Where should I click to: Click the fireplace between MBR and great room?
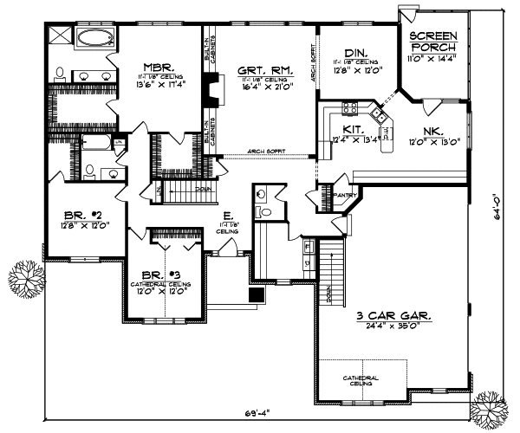[x=209, y=90]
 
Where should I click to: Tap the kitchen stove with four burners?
[x=351, y=108]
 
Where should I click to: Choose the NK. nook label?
[x=433, y=132]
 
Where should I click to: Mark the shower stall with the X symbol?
[x=59, y=35]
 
